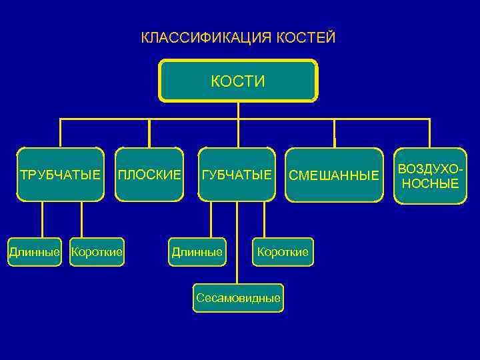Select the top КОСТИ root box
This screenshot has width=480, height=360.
click(238, 81)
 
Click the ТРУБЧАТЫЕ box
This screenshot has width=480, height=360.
click(61, 175)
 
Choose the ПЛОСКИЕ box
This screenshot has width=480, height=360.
click(149, 175)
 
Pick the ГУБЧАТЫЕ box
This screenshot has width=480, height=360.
click(237, 175)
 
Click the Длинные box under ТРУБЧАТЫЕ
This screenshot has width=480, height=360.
click(34, 252)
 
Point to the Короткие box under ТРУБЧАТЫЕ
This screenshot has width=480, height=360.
click(97, 252)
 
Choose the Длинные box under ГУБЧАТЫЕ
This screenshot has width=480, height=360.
click(197, 252)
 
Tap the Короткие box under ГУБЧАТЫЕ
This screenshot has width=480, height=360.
click(283, 252)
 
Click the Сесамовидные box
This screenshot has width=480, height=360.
click(238, 298)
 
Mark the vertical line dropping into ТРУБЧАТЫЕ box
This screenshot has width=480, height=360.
click(61, 133)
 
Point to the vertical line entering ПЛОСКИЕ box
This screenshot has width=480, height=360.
click(149, 133)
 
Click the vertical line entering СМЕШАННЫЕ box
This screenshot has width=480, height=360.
click(334, 133)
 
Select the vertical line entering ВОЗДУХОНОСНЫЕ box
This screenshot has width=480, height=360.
click(430, 133)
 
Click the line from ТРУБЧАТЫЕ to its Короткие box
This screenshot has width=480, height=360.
click(82, 219)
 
